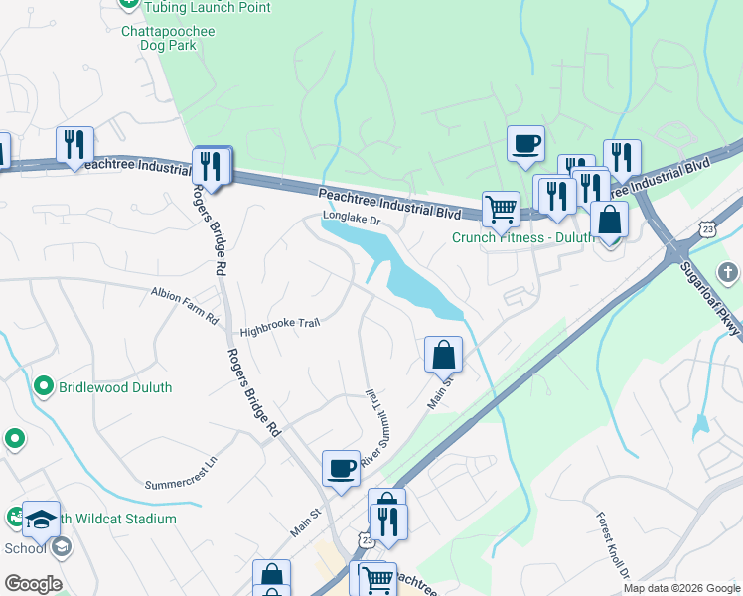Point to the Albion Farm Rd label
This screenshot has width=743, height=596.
(x=184, y=306)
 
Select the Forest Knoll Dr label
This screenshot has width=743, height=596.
(x=614, y=546)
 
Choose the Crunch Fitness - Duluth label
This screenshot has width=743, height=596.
(x=523, y=237)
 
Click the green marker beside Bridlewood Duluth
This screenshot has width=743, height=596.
(x=43, y=386)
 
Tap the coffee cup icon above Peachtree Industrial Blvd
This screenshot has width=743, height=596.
(x=525, y=143)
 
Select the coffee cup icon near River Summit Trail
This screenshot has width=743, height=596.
(x=341, y=467)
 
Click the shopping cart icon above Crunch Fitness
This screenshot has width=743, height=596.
(x=501, y=209)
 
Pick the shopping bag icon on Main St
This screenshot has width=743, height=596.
(x=443, y=354)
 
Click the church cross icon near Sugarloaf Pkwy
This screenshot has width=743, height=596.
(x=728, y=273)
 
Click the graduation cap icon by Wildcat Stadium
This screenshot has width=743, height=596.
(x=41, y=519)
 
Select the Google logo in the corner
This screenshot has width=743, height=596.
(x=33, y=583)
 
